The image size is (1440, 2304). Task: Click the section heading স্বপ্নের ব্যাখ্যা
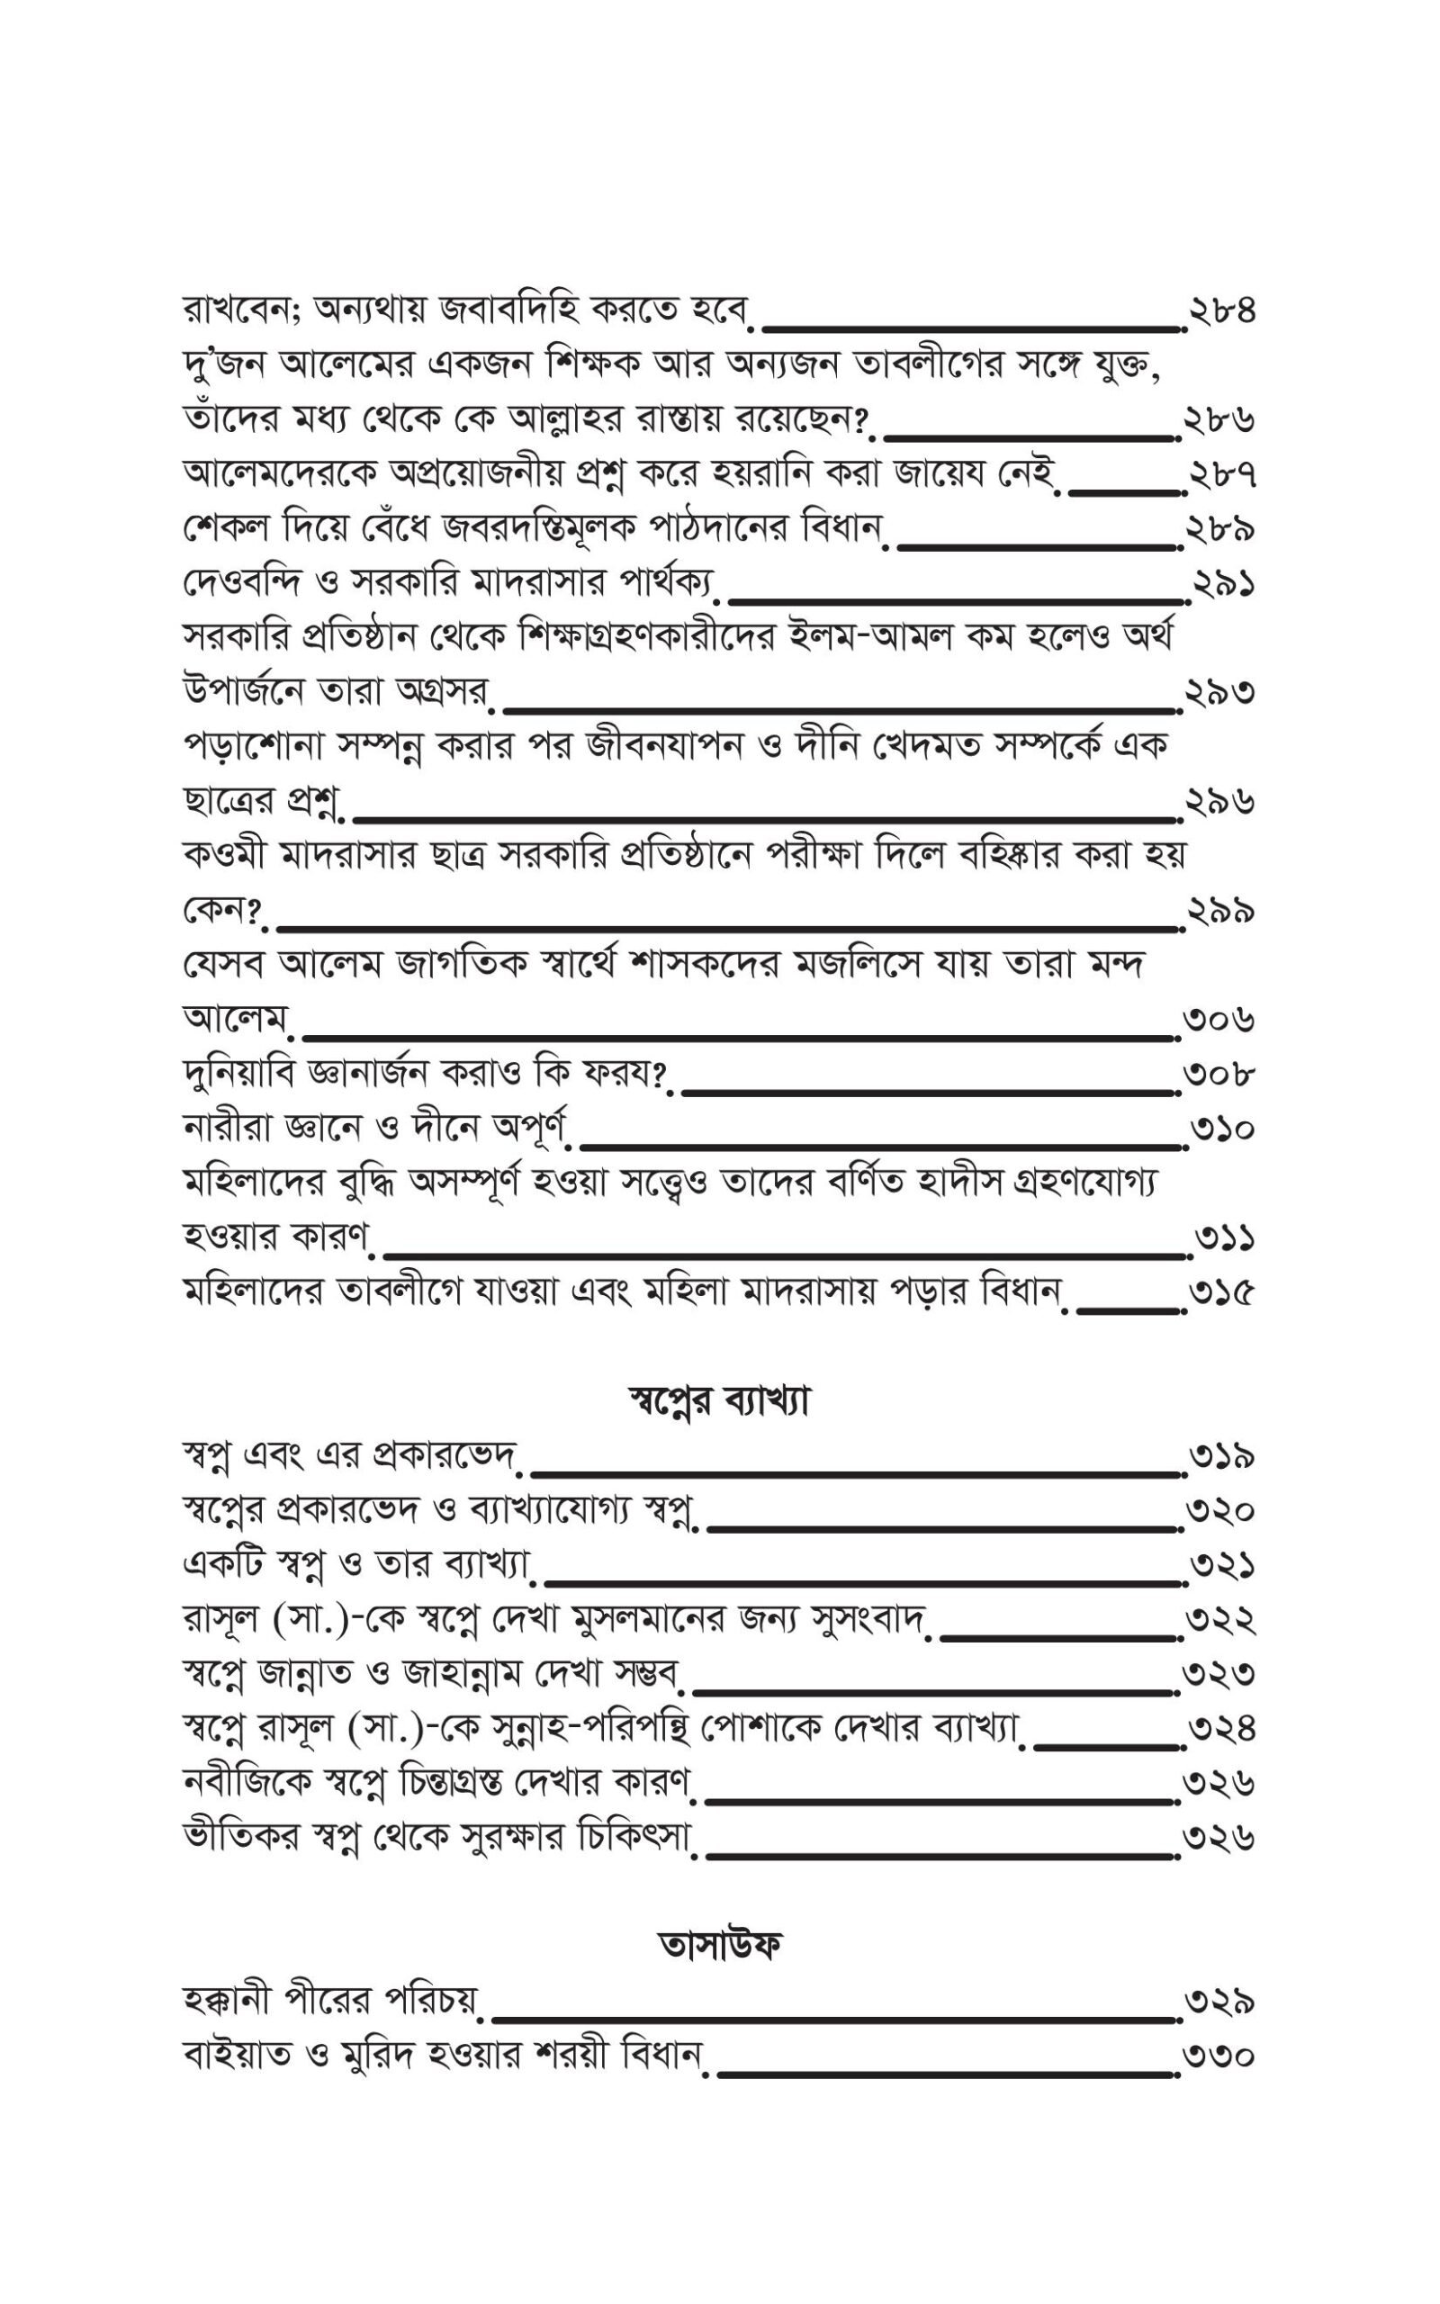(x=719, y=1401)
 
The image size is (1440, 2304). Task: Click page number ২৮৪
(x=1221, y=310)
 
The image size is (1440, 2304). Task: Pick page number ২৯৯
(x=1220, y=912)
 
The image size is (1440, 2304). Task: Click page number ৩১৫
(x=1221, y=1293)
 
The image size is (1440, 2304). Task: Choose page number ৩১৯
(x=1221, y=1457)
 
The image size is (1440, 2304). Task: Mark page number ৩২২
(x=1220, y=1619)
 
